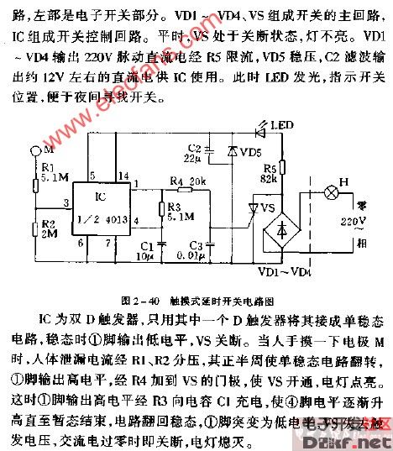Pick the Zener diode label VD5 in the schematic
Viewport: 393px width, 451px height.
(250, 155)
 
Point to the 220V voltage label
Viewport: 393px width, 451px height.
(354, 221)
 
